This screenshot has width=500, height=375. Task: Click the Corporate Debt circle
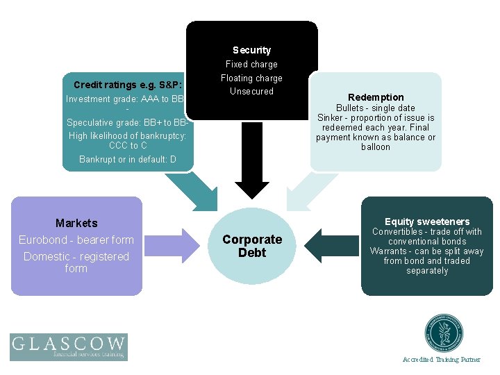(x=251, y=246)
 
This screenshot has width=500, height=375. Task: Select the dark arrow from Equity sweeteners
(x=331, y=244)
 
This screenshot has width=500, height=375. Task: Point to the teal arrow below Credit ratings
(x=190, y=189)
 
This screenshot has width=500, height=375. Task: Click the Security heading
(x=251, y=50)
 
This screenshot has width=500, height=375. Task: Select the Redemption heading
(x=376, y=97)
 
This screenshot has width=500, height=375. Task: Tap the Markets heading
(x=76, y=223)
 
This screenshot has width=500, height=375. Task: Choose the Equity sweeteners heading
(x=427, y=222)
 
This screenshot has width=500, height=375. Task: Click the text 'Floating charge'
(x=251, y=78)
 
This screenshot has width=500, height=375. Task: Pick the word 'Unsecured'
(x=251, y=91)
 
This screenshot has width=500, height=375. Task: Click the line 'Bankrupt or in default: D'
(x=128, y=159)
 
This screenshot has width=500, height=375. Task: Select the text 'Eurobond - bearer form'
(x=76, y=240)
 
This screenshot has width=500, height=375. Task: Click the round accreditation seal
(x=444, y=334)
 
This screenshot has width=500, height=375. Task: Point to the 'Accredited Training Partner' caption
(x=441, y=360)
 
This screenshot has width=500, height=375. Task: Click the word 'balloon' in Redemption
(x=376, y=147)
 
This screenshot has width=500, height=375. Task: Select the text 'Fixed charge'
(x=251, y=64)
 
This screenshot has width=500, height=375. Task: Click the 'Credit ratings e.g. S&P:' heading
(x=128, y=85)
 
